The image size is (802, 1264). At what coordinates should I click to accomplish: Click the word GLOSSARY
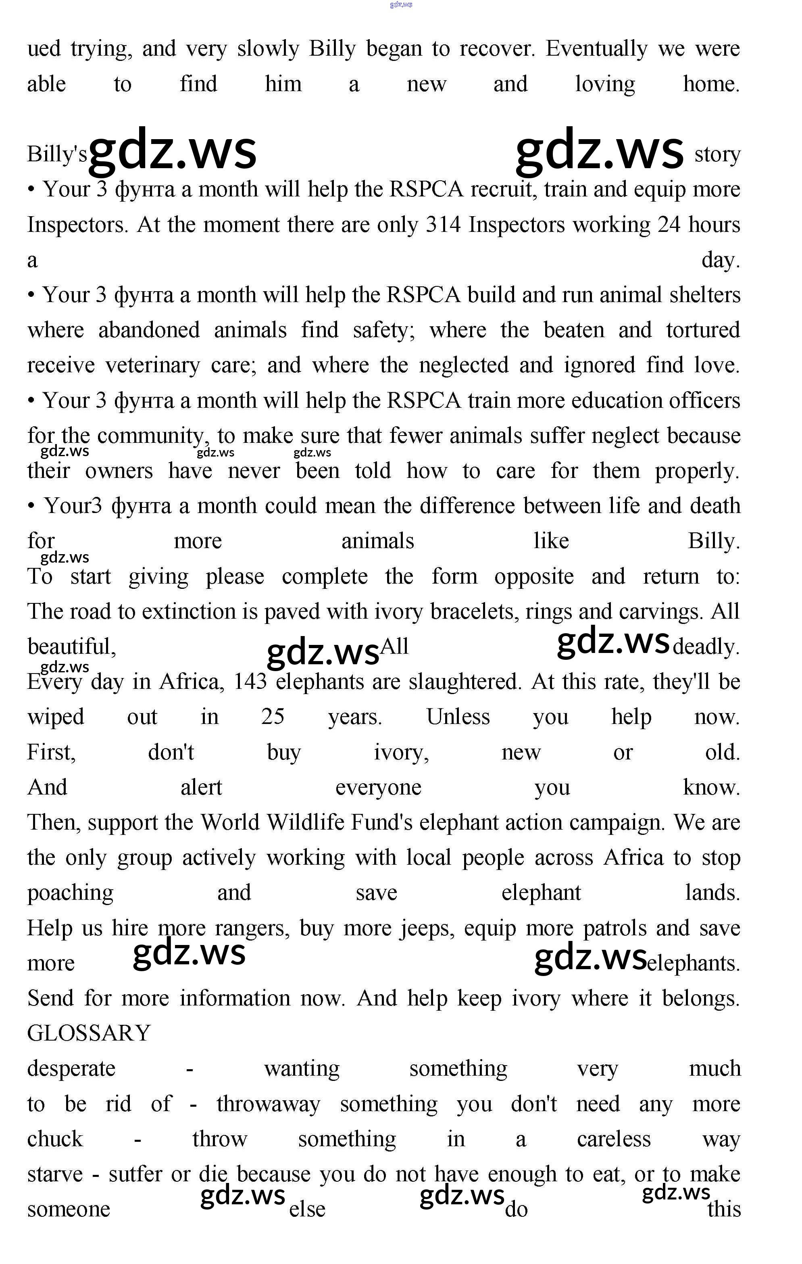[89, 1033]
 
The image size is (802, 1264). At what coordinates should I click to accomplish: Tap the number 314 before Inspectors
[443, 225]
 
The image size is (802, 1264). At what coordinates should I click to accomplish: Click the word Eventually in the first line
[596, 49]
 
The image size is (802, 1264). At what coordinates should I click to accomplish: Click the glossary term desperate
[71, 1069]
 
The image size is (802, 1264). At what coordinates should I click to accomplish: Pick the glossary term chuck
[55, 1139]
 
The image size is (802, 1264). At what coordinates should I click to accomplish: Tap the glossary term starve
[54, 1174]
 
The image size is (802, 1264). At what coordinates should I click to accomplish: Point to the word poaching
[70, 893]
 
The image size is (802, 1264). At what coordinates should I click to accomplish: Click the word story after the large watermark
[717, 154]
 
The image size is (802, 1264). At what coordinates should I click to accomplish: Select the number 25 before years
[273, 717]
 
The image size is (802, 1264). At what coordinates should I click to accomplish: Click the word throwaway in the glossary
[268, 1104]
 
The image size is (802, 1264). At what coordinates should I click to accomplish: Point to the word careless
[614, 1139]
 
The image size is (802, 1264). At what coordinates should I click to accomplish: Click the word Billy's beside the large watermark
[57, 154]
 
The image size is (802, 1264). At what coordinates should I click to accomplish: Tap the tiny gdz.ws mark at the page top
[401, 5]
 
